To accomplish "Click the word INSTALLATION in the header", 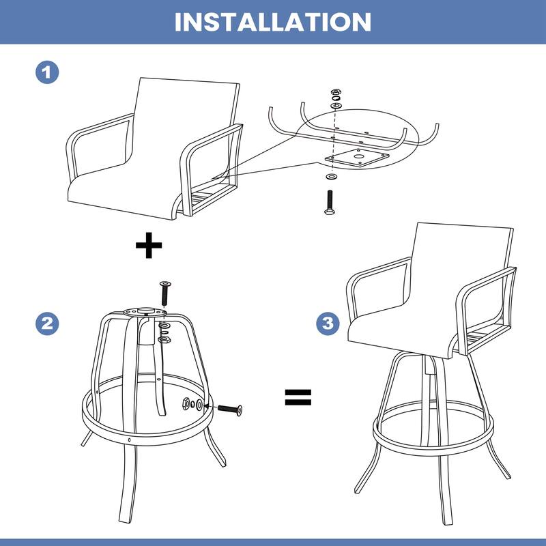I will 273,21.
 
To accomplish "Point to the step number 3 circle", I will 328,324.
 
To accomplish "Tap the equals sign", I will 298,397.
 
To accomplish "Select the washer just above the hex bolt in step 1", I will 332,177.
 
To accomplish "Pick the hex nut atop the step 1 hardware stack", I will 336,91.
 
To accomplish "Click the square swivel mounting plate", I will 357,158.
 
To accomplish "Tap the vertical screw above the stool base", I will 164,293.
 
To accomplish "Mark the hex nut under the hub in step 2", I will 164,339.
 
